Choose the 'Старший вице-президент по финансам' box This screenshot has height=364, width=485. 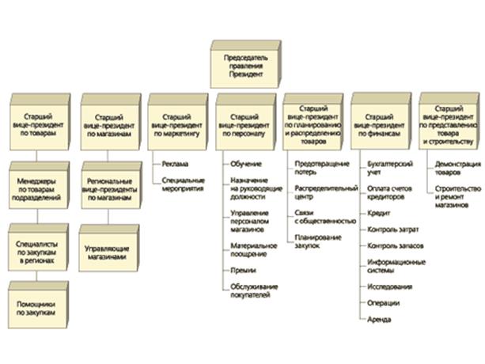[381, 123]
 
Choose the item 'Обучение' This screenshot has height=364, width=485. [241, 164]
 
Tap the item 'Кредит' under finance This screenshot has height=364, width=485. [378, 213]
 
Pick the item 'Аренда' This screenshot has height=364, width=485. [380, 320]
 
